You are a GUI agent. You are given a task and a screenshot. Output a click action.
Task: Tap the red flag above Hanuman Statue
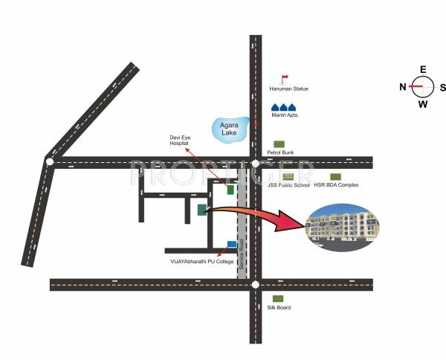pyautogui.click(x=283, y=78)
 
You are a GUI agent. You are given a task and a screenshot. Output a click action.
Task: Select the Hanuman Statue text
pyautogui.click(x=288, y=89)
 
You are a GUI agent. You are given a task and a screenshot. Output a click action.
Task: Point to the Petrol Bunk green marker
pyautogui.click(x=279, y=144)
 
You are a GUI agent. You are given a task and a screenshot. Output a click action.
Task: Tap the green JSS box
pyautogui.click(x=288, y=176)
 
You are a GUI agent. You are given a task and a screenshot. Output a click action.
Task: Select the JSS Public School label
pyautogui.click(x=288, y=184)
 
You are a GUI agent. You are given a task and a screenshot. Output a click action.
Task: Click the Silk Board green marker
pyautogui.click(x=277, y=298)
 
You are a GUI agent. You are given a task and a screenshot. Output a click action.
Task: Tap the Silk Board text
pyautogui.click(x=279, y=307)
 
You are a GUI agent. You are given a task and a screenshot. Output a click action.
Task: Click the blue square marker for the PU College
pyautogui.click(x=232, y=244)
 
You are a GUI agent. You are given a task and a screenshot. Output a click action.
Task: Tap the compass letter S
pyautogui.click(x=443, y=87)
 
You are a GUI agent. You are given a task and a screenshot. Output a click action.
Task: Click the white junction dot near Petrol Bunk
pyautogui.click(x=255, y=162)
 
